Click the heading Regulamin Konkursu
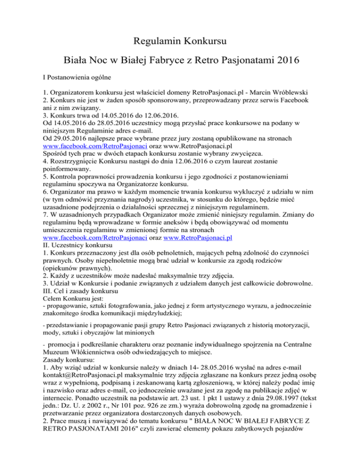[180, 41]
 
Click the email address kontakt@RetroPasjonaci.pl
[76, 394]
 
